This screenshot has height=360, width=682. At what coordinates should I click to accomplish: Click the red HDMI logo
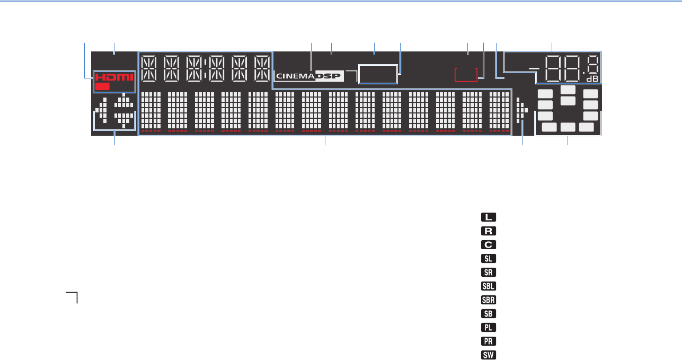115,77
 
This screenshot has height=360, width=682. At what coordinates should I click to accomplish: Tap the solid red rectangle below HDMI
103,86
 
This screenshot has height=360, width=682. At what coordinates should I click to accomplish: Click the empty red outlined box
469,74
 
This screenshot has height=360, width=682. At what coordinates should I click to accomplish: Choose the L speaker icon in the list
488,217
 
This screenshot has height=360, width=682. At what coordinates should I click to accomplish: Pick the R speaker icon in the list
488,231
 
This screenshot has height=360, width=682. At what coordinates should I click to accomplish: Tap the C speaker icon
488,244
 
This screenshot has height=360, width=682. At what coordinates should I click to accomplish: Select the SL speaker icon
488,258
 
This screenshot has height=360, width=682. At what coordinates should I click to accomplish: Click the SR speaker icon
488,272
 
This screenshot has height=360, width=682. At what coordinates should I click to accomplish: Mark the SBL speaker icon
488,286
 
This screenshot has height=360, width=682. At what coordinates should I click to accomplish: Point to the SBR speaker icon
488,300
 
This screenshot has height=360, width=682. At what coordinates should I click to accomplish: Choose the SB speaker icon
488,313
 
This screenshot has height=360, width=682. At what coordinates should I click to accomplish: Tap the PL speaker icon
488,327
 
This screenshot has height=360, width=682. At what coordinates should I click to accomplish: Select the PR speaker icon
488,341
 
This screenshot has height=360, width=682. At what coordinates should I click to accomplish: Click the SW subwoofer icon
488,355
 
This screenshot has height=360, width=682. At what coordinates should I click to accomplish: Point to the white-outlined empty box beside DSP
378,74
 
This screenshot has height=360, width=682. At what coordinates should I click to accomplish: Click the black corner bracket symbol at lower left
72,297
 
